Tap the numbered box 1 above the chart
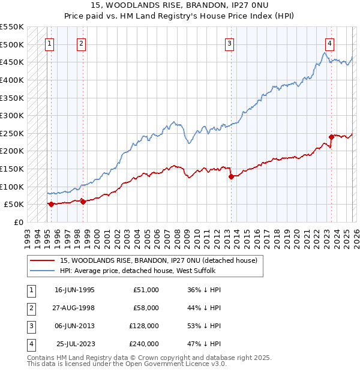pos(49,43)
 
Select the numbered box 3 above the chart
pos(230,43)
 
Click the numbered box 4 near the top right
pos(330,43)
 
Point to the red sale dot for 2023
pos(331,137)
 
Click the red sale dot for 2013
pos(231,176)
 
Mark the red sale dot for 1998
pos(83,202)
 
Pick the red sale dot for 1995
pos(51,204)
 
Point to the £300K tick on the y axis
pos(12,115)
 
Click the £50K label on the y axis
pos(14,204)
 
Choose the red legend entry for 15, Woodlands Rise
pos(158,260)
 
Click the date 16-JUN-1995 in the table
pos(74,290)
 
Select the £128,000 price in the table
pos(143,326)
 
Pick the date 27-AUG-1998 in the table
pos(74,308)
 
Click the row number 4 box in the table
pos(30,344)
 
